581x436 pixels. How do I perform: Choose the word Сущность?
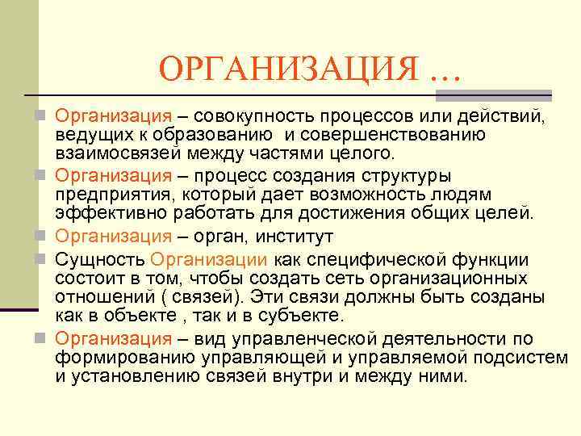(x=100, y=260)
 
